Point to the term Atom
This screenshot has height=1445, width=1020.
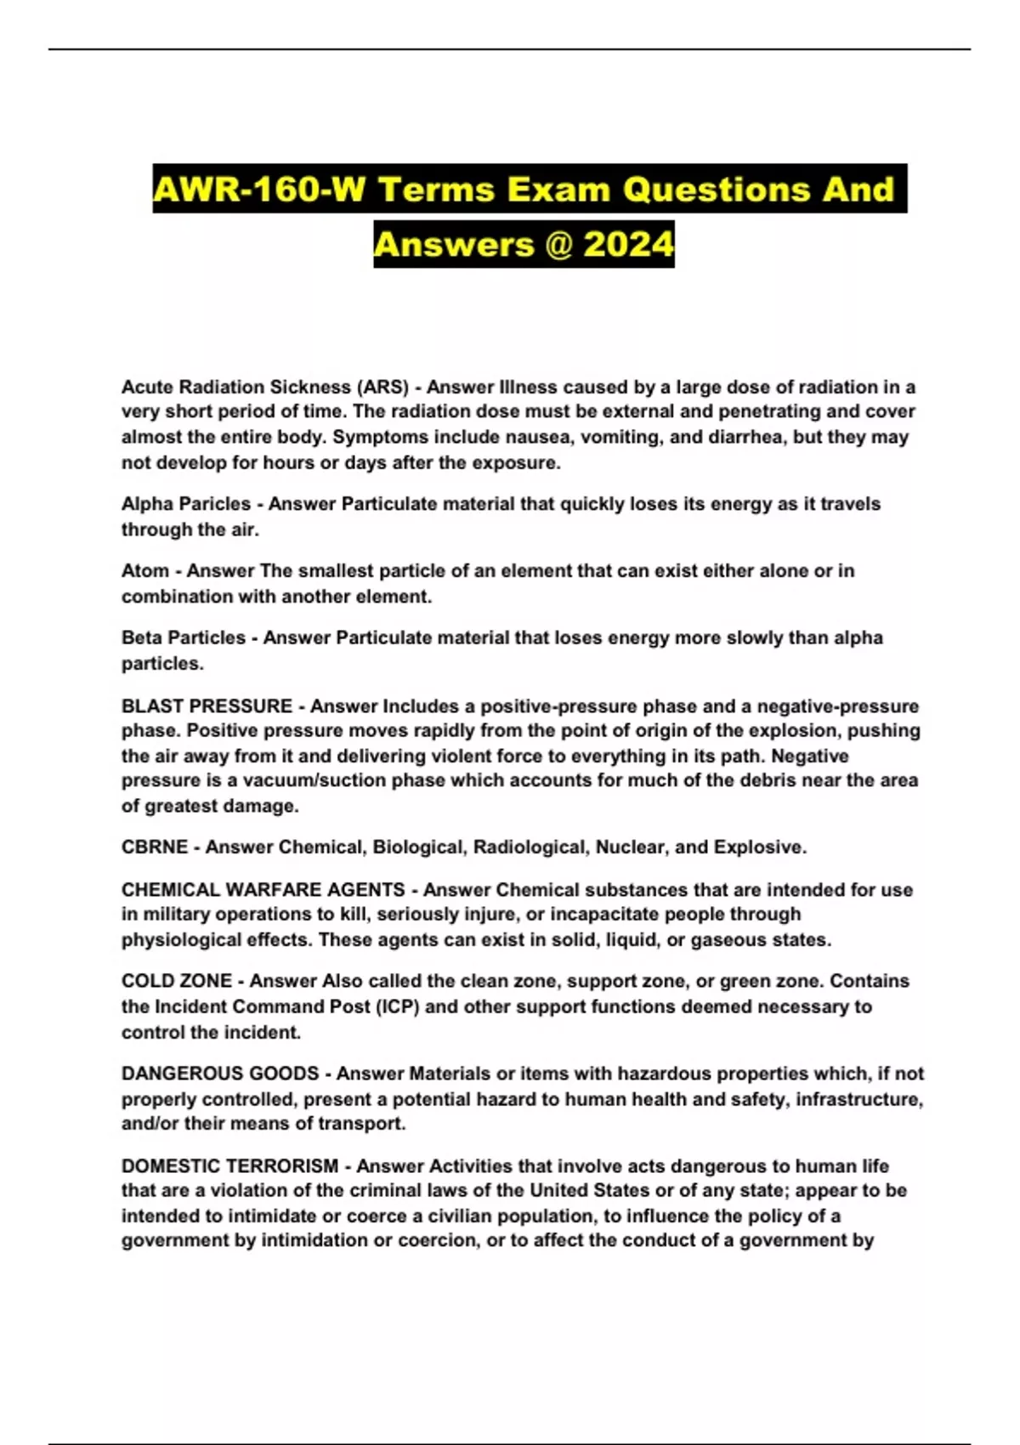pos(145,570)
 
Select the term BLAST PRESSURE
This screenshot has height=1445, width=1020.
pos(207,706)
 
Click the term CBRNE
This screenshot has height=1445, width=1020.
pos(155,847)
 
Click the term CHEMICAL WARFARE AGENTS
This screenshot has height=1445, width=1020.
pos(263,890)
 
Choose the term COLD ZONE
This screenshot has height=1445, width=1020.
pos(177,981)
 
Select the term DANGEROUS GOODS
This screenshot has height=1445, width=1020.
pos(220,1074)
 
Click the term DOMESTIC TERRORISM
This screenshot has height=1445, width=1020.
pos(229,1166)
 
